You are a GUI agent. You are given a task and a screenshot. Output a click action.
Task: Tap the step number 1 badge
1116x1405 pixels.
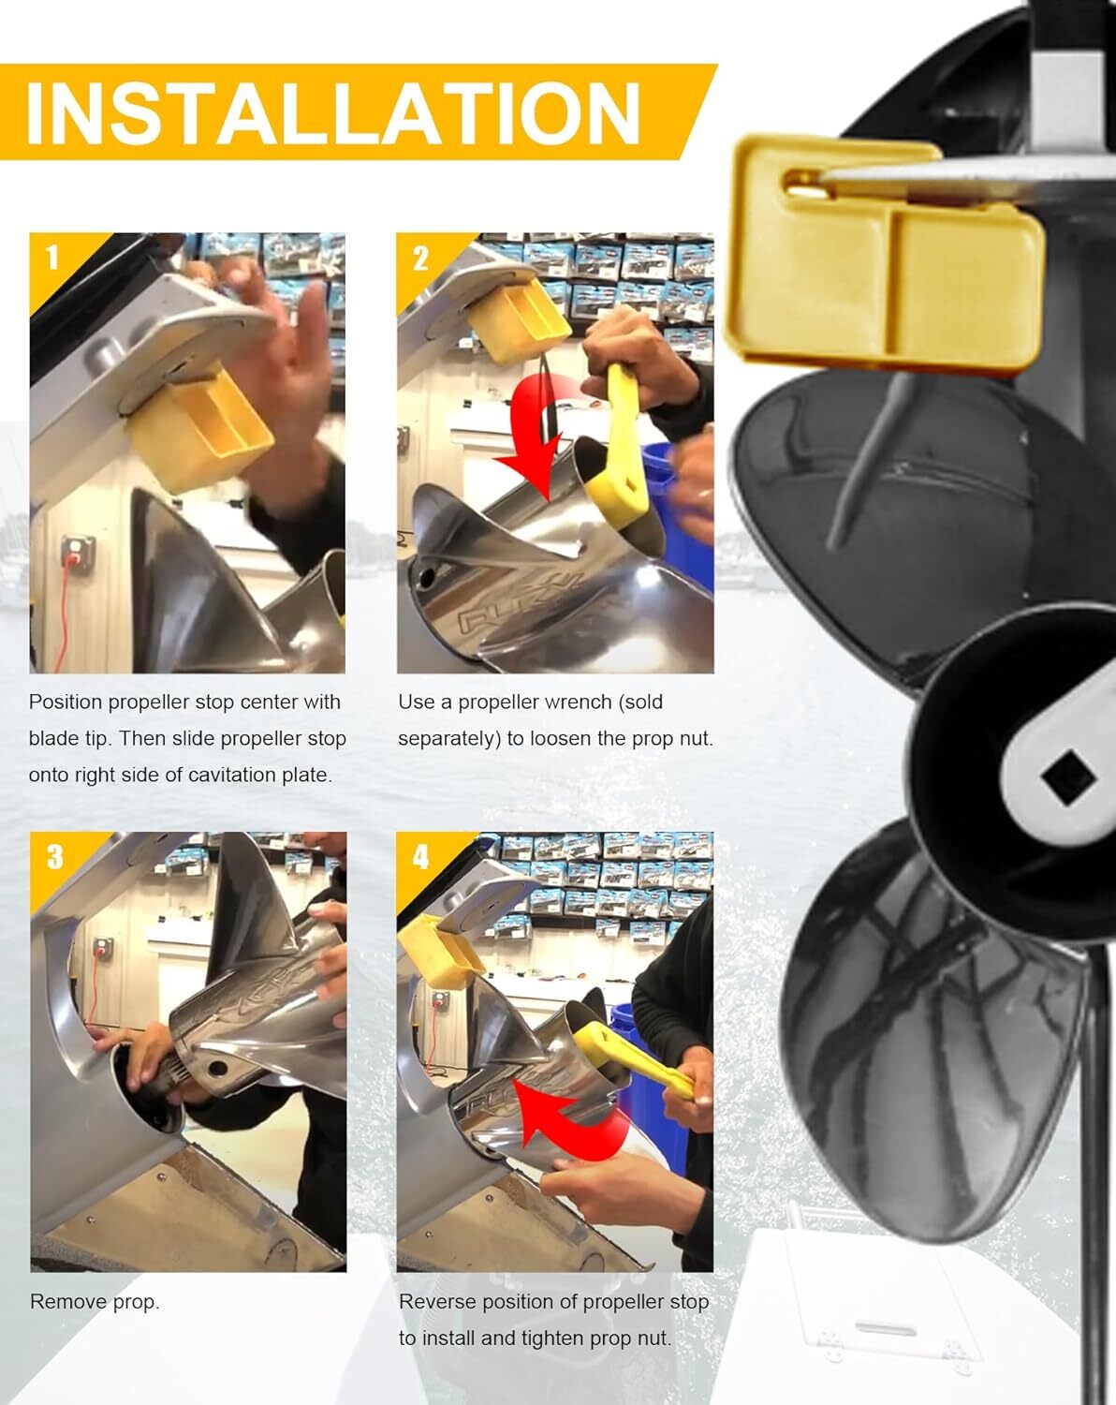[x=51, y=257]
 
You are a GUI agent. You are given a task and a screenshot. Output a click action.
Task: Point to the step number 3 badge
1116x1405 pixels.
[x=53, y=856]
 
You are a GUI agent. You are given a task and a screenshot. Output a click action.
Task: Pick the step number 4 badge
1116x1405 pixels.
[x=420, y=856]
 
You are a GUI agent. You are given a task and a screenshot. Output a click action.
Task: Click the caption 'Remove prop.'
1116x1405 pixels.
[x=95, y=1301]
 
